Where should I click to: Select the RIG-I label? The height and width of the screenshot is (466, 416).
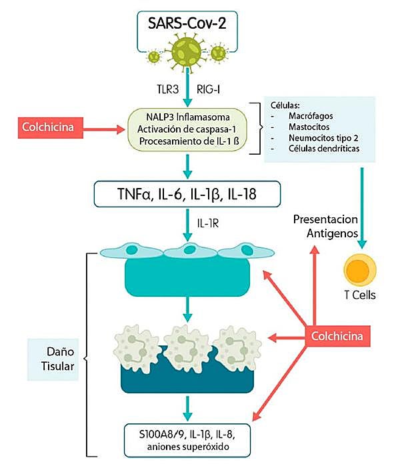coord(211,87)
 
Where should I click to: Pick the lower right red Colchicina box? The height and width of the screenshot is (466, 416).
coord(337,336)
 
